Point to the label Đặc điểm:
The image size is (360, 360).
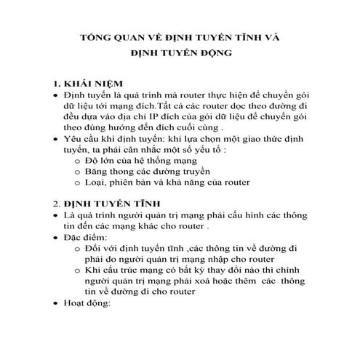[85, 239]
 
